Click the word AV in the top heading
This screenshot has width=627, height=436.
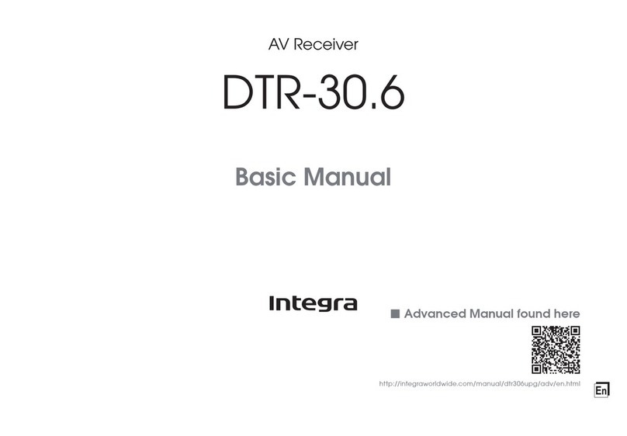(277, 47)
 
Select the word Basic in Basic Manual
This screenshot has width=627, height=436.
(267, 179)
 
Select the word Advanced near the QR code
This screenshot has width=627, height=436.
(435, 314)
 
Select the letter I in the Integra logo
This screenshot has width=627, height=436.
(273, 303)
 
